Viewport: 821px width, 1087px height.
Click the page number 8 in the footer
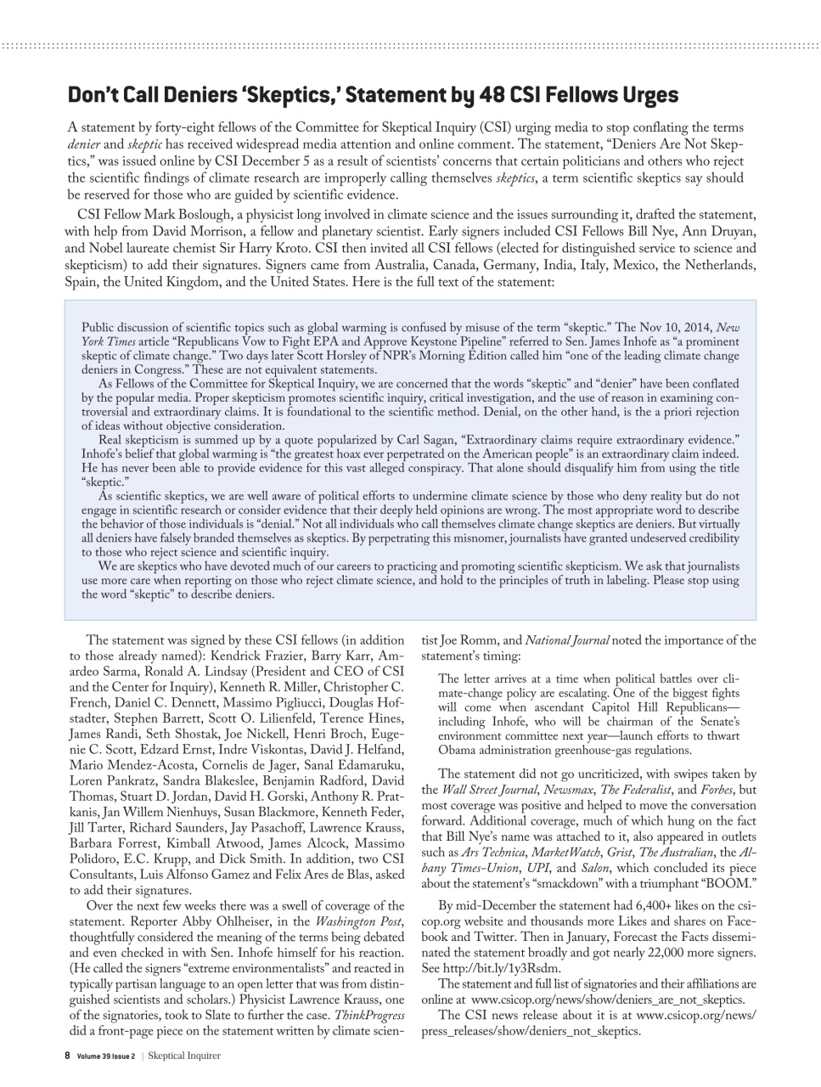pyautogui.click(x=67, y=1056)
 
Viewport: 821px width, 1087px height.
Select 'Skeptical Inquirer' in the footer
pyautogui.click(x=186, y=1056)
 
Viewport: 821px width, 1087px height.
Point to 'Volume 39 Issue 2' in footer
pyautogui.click(x=105, y=1056)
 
